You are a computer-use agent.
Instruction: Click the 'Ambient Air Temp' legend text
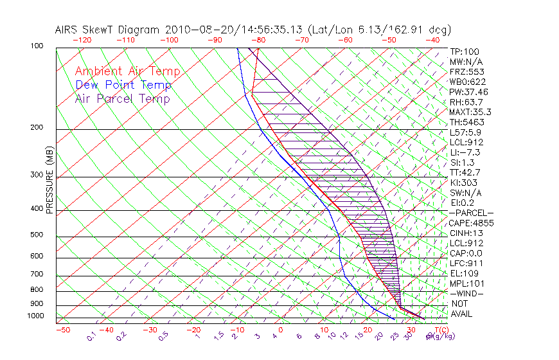127,71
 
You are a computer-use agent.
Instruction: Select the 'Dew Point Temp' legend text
123,85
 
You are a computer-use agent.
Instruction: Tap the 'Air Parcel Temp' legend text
122,98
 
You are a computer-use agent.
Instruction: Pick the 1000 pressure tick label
36,316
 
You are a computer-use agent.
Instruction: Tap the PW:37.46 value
469,92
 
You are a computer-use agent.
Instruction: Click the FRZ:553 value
466,72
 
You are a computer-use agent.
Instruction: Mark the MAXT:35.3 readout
470,113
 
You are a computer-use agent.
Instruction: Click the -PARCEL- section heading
471,213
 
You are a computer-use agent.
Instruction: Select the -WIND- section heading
467,293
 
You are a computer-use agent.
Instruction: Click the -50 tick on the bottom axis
62,330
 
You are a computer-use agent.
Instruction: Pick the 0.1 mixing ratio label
91,336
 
